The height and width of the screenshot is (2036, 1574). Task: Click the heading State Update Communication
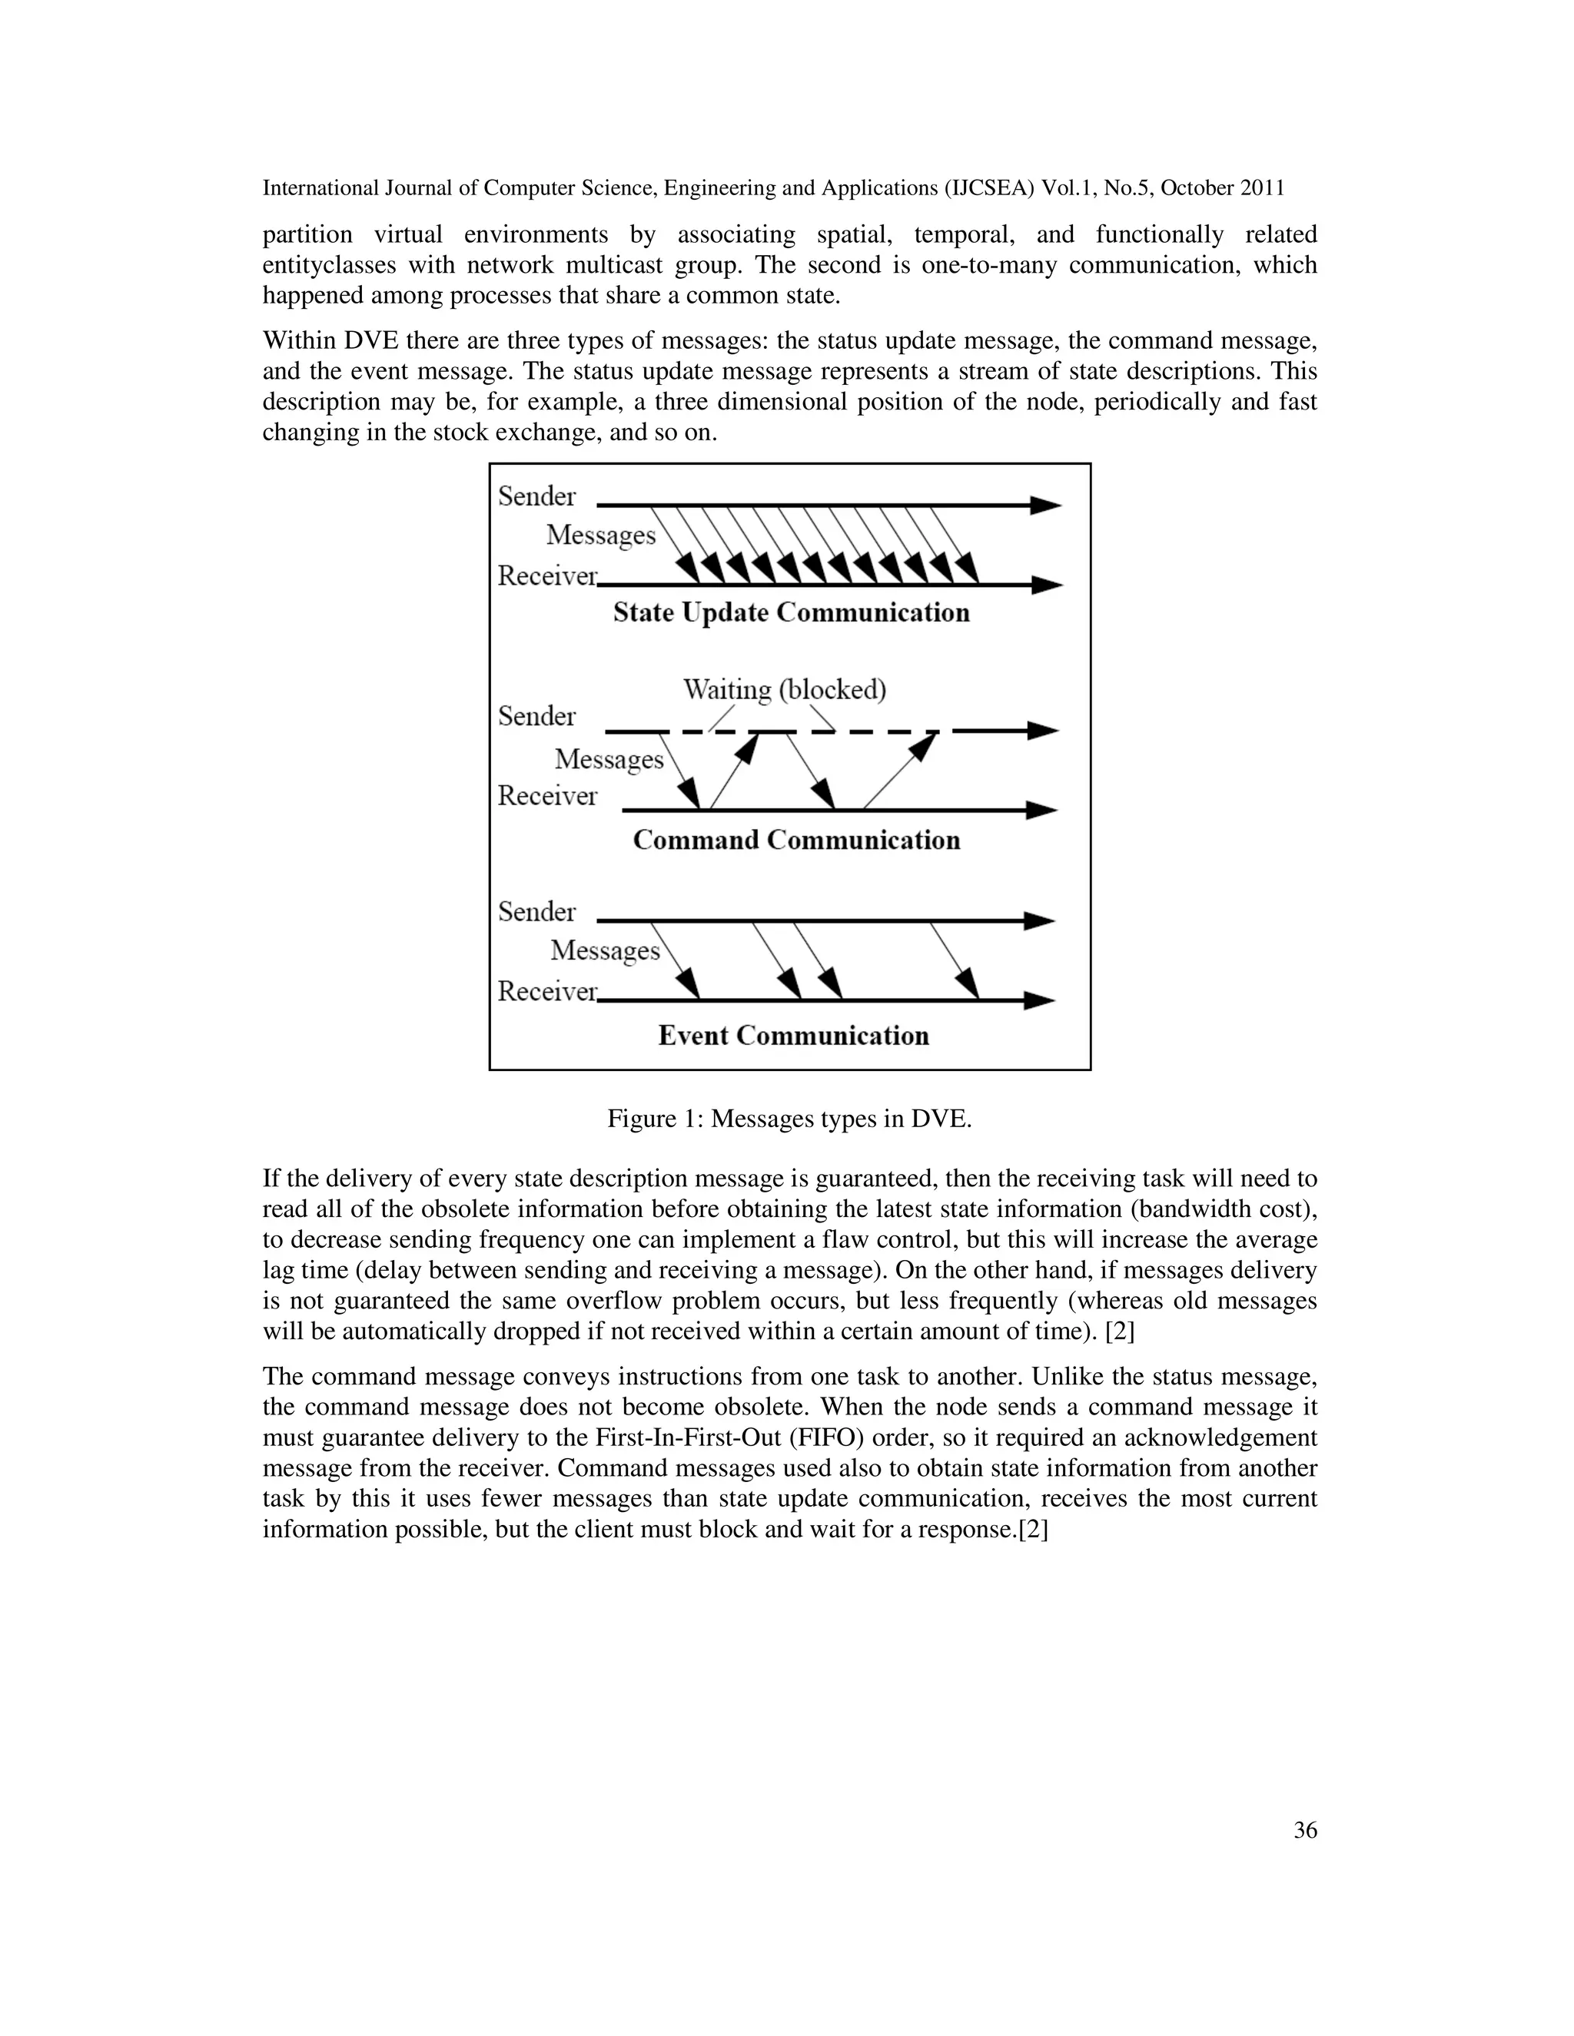(x=791, y=612)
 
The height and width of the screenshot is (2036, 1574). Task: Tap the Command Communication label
(x=795, y=840)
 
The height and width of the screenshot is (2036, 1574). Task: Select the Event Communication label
(x=792, y=1036)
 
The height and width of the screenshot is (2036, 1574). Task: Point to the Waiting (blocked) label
(x=784, y=690)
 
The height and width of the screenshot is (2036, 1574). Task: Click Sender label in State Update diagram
(x=536, y=496)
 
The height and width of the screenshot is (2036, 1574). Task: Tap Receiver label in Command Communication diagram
(x=546, y=796)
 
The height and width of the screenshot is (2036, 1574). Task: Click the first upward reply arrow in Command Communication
(x=734, y=770)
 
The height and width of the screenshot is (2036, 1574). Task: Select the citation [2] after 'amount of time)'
(x=1119, y=1331)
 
